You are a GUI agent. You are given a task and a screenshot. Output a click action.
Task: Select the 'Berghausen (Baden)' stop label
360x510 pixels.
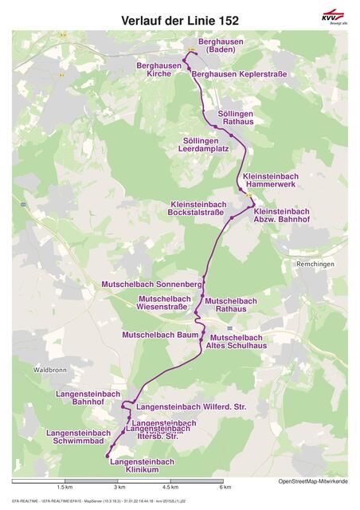217,45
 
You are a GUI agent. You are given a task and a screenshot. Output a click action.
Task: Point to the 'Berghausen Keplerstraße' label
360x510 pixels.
239,74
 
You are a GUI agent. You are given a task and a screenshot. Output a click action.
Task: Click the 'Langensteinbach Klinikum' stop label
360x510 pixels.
142,465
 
